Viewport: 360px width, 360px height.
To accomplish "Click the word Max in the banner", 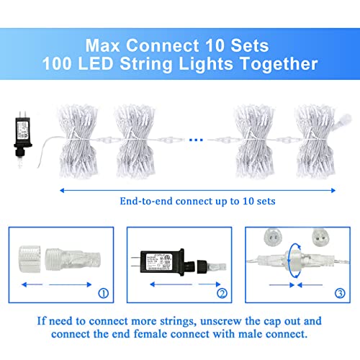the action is (x=102, y=45).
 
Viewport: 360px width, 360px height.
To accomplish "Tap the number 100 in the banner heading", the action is (x=57, y=63).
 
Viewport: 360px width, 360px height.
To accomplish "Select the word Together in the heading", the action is (x=279, y=64).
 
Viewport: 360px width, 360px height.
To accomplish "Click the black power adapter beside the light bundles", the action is (x=23, y=135).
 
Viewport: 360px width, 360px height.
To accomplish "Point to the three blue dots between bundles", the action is (x=196, y=140).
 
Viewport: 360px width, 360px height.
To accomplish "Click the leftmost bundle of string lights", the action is (x=78, y=141).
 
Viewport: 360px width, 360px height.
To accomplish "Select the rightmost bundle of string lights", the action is (x=315, y=141).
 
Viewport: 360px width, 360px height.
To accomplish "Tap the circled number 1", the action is (x=104, y=293).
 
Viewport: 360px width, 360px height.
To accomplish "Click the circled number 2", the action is (x=222, y=293).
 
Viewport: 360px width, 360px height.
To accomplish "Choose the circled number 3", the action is (x=340, y=293).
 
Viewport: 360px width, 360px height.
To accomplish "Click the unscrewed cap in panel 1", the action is (x=30, y=259).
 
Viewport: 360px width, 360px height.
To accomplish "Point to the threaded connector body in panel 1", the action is (x=73, y=260).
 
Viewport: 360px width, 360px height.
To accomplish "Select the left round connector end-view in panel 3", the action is (x=273, y=237).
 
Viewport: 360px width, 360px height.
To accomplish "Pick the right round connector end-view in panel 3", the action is (x=320, y=237).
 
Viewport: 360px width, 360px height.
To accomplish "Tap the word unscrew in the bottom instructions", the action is (x=220, y=321).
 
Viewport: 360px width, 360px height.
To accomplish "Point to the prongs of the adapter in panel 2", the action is (x=136, y=261).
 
